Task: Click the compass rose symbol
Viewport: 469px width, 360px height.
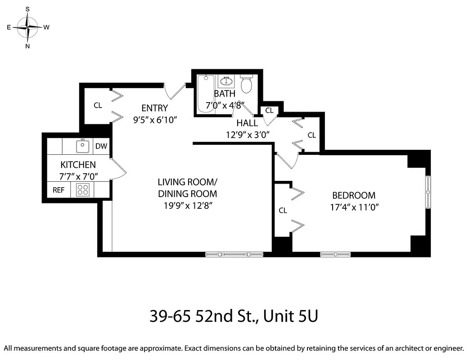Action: point(28,27)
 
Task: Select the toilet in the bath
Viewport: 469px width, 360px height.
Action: point(246,84)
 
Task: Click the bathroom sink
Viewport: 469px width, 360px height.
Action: point(226,81)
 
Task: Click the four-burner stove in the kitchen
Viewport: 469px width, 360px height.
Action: point(82,189)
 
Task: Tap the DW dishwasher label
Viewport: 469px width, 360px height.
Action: point(101,146)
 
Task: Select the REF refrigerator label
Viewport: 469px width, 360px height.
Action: point(59,190)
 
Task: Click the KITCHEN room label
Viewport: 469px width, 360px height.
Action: point(78,165)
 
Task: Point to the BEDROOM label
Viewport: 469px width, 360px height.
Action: point(353,195)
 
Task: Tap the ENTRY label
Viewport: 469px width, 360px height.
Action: point(154,108)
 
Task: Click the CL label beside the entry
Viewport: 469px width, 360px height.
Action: point(98,106)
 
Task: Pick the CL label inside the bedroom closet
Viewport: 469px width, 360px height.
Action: point(283,210)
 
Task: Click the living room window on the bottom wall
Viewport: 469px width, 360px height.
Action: point(234,255)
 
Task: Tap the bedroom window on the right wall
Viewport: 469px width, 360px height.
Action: point(428,192)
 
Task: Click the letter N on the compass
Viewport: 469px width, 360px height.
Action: point(28,46)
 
